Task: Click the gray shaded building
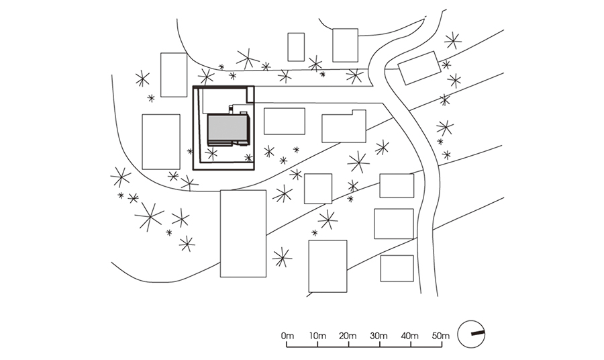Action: pyautogui.click(x=228, y=129)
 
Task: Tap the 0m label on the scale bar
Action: pyautogui.click(x=288, y=335)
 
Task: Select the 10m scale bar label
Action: pyautogui.click(x=317, y=335)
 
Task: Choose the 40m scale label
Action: pyautogui.click(x=410, y=335)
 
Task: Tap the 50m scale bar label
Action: pyautogui.click(x=440, y=335)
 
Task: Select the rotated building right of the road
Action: pyautogui.click(x=419, y=68)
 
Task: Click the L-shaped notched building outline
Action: pyautogui.click(x=343, y=127)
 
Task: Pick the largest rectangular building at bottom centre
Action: pyautogui.click(x=243, y=233)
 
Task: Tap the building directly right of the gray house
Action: pyautogui.click(x=284, y=121)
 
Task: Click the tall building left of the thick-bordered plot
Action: pyautogui.click(x=161, y=142)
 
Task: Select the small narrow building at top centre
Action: pyautogui.click(x=296, y=47)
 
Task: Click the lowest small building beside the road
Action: pyautogui.click(x=397, y=268)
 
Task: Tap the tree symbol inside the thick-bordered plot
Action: pyautogui.click(x=211, y=154)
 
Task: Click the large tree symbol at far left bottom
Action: pyautogui.click(x=149, y=217)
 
